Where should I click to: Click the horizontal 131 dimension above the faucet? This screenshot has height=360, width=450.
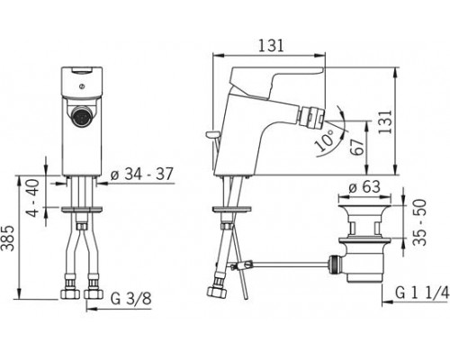click(x=271, y=46)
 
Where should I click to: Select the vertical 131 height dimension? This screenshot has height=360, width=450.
click(x=385, y=121)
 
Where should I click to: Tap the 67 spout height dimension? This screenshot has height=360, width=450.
click(x=357, y=147)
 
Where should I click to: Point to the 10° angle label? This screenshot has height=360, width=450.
click(x=324, y=140)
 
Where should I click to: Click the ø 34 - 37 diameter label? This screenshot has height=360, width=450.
click(x=141, y=174)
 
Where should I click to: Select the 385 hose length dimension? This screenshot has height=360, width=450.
click(x=7, y=238)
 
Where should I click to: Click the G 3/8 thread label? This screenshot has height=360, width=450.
click(x=130, y=299)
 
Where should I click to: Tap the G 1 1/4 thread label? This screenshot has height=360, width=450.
click(x=422, y=292)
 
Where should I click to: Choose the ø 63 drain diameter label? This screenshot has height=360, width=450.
click(x=364, y=187)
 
